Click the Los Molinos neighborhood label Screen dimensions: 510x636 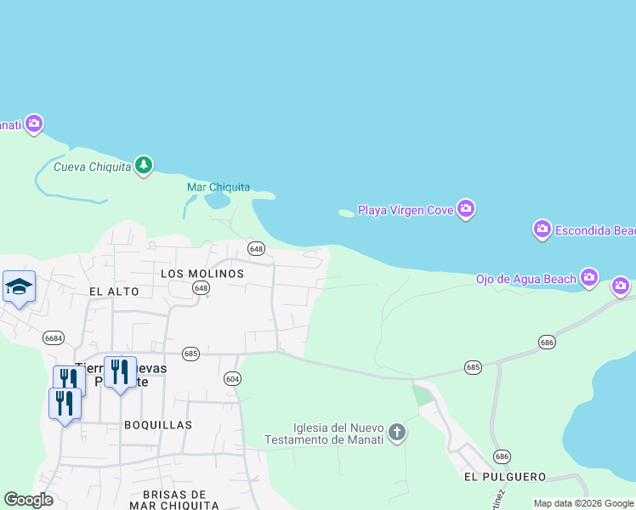(202, 274)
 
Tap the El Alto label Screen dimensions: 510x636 (113, 291)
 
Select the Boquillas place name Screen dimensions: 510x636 (157, 424)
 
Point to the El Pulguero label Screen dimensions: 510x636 (505, 477)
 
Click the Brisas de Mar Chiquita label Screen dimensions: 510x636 (175, 499)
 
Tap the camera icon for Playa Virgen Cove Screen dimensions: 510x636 (465, 209)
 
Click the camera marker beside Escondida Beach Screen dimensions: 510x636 (542, 229)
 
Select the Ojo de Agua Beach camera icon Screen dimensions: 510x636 (589, 278)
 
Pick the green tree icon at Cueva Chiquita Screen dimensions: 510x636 (145, 165)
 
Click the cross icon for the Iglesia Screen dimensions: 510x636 (396, 433)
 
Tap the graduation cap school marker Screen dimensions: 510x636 (18, 286)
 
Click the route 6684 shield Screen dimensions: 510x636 (54, 337)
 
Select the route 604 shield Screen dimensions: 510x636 (232, 377)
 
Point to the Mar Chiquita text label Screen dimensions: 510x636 (219, 187)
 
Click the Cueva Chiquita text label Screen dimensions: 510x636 (93, 167)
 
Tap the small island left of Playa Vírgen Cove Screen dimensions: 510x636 (346, 213)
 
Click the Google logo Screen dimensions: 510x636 (29, 500)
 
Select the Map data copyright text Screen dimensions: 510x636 (583, 503)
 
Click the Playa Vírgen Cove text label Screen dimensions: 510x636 (405, 210)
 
